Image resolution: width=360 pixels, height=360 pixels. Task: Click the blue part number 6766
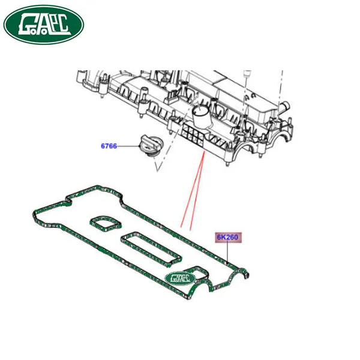109,146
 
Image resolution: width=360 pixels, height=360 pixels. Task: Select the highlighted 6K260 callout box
228,238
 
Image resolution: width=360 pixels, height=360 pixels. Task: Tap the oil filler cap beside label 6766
149,145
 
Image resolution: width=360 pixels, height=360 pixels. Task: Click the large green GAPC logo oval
44,25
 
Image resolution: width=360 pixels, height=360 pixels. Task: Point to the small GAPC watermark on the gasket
180,278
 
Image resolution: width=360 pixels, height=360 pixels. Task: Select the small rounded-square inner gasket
105,223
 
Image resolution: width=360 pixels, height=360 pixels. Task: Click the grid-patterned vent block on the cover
193,135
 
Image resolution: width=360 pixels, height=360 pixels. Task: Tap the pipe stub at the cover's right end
284,107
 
